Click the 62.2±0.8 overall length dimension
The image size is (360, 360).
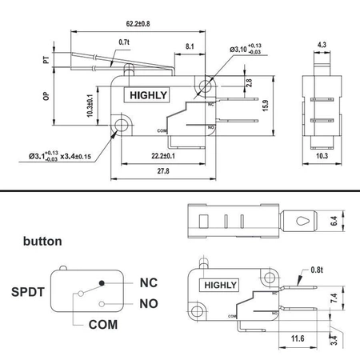click(138, 24)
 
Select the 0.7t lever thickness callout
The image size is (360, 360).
click(124, 42)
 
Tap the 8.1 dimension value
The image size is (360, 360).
click(190, 46)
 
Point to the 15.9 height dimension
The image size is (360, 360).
click(266, 106)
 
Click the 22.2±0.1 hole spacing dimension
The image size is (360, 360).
click(163, 156)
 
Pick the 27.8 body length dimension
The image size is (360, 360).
click(163, 171)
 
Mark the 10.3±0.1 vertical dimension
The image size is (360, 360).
click(90, 106)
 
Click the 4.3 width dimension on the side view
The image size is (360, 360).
click(322, 45)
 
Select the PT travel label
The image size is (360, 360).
click(46, 60)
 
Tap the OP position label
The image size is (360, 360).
click(46, 96)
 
